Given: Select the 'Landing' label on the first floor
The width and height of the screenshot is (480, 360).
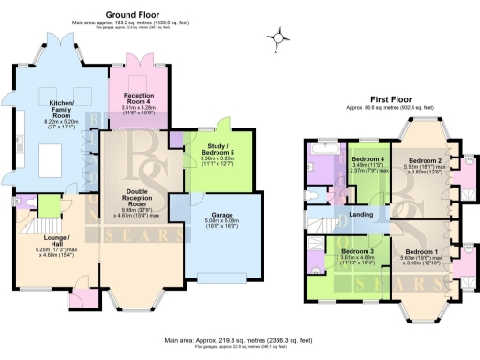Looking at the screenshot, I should tap(361, 214).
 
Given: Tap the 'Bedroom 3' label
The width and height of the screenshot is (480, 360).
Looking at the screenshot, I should tap(357, 252).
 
